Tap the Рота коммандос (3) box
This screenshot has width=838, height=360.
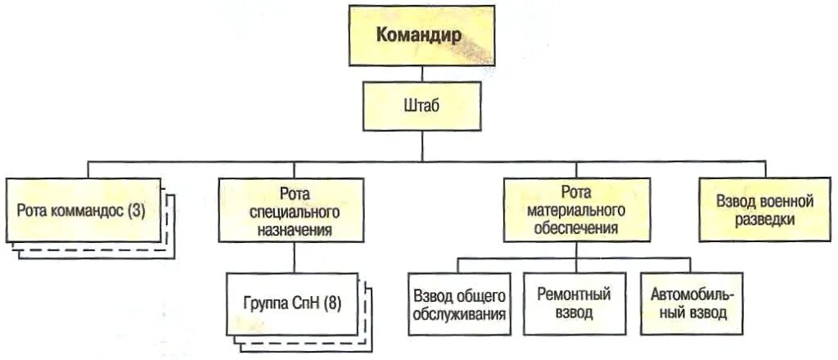(x=81, y=209)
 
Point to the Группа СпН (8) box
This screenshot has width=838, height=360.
(x=292, y=304)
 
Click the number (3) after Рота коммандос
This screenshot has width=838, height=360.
(x=136, y=210)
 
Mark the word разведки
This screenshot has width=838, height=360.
(x=764, y=219)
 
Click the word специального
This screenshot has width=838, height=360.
(x=292, y=211)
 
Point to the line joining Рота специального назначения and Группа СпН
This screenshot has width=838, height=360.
(x=292, y=257)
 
